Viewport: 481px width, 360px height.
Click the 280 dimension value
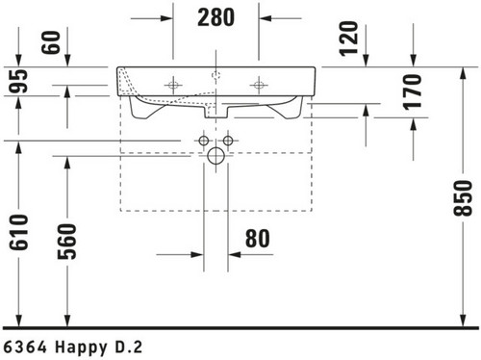tap(215, 17)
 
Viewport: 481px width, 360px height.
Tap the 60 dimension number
tap(51, 42)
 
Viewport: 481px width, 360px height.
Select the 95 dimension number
tap(18, 81)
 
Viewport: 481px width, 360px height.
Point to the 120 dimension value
tap(348, 39)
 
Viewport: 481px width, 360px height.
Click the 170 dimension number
tap(413, 92)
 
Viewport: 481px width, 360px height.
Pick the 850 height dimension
tap(463, 198)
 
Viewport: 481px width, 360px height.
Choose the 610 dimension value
tap(18, 232)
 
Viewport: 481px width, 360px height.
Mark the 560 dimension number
tap(67, 242)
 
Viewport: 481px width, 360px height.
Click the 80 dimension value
tap(258, 239)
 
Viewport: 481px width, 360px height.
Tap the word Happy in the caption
tap(81, 347)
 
